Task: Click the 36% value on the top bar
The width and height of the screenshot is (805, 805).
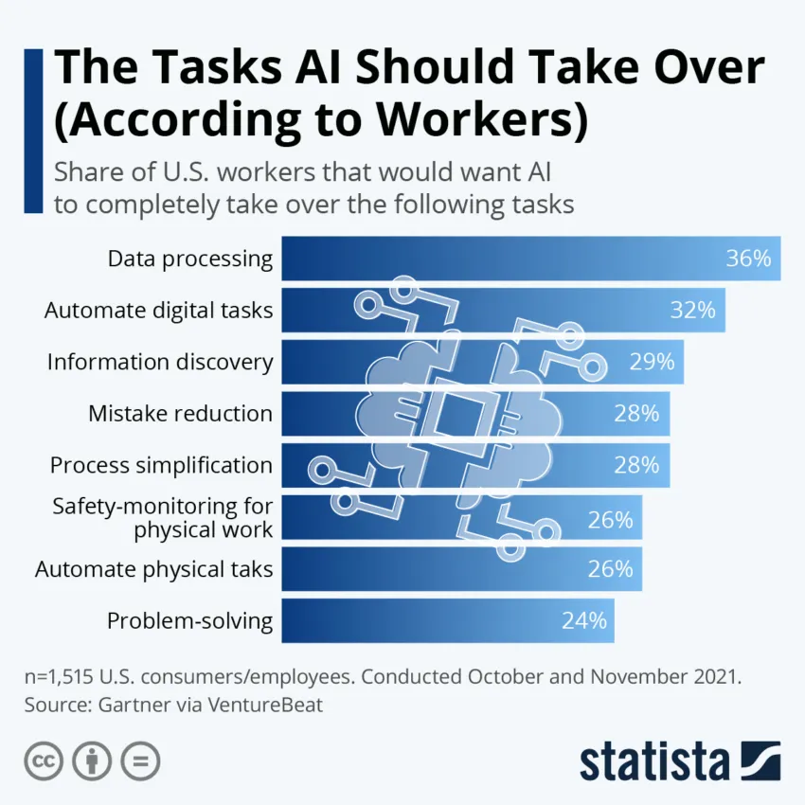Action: pos(748,259)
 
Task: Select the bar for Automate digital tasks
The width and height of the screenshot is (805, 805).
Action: pos(502,310)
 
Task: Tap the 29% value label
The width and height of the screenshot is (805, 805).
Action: pos(652,362)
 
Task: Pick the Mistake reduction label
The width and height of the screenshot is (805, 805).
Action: pos(180,413)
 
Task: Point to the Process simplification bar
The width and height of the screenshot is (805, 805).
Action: pos(474,465)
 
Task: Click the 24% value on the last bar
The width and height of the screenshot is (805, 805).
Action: pos(583,621)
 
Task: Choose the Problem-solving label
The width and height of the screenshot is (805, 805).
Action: pos(189,621)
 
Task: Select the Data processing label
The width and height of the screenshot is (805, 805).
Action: pos(189,259)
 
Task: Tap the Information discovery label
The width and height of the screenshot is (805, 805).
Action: pos(160,362)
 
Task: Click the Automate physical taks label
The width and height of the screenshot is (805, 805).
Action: pos(154,569)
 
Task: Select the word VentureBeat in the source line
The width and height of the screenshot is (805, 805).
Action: pos(266,705)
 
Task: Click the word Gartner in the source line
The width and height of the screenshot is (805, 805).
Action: pos(132,705)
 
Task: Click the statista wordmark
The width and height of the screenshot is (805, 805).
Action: pos(654,760)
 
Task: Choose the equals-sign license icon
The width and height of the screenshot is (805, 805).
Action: pos(140,760)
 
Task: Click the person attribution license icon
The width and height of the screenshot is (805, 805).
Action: pos(92,760)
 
